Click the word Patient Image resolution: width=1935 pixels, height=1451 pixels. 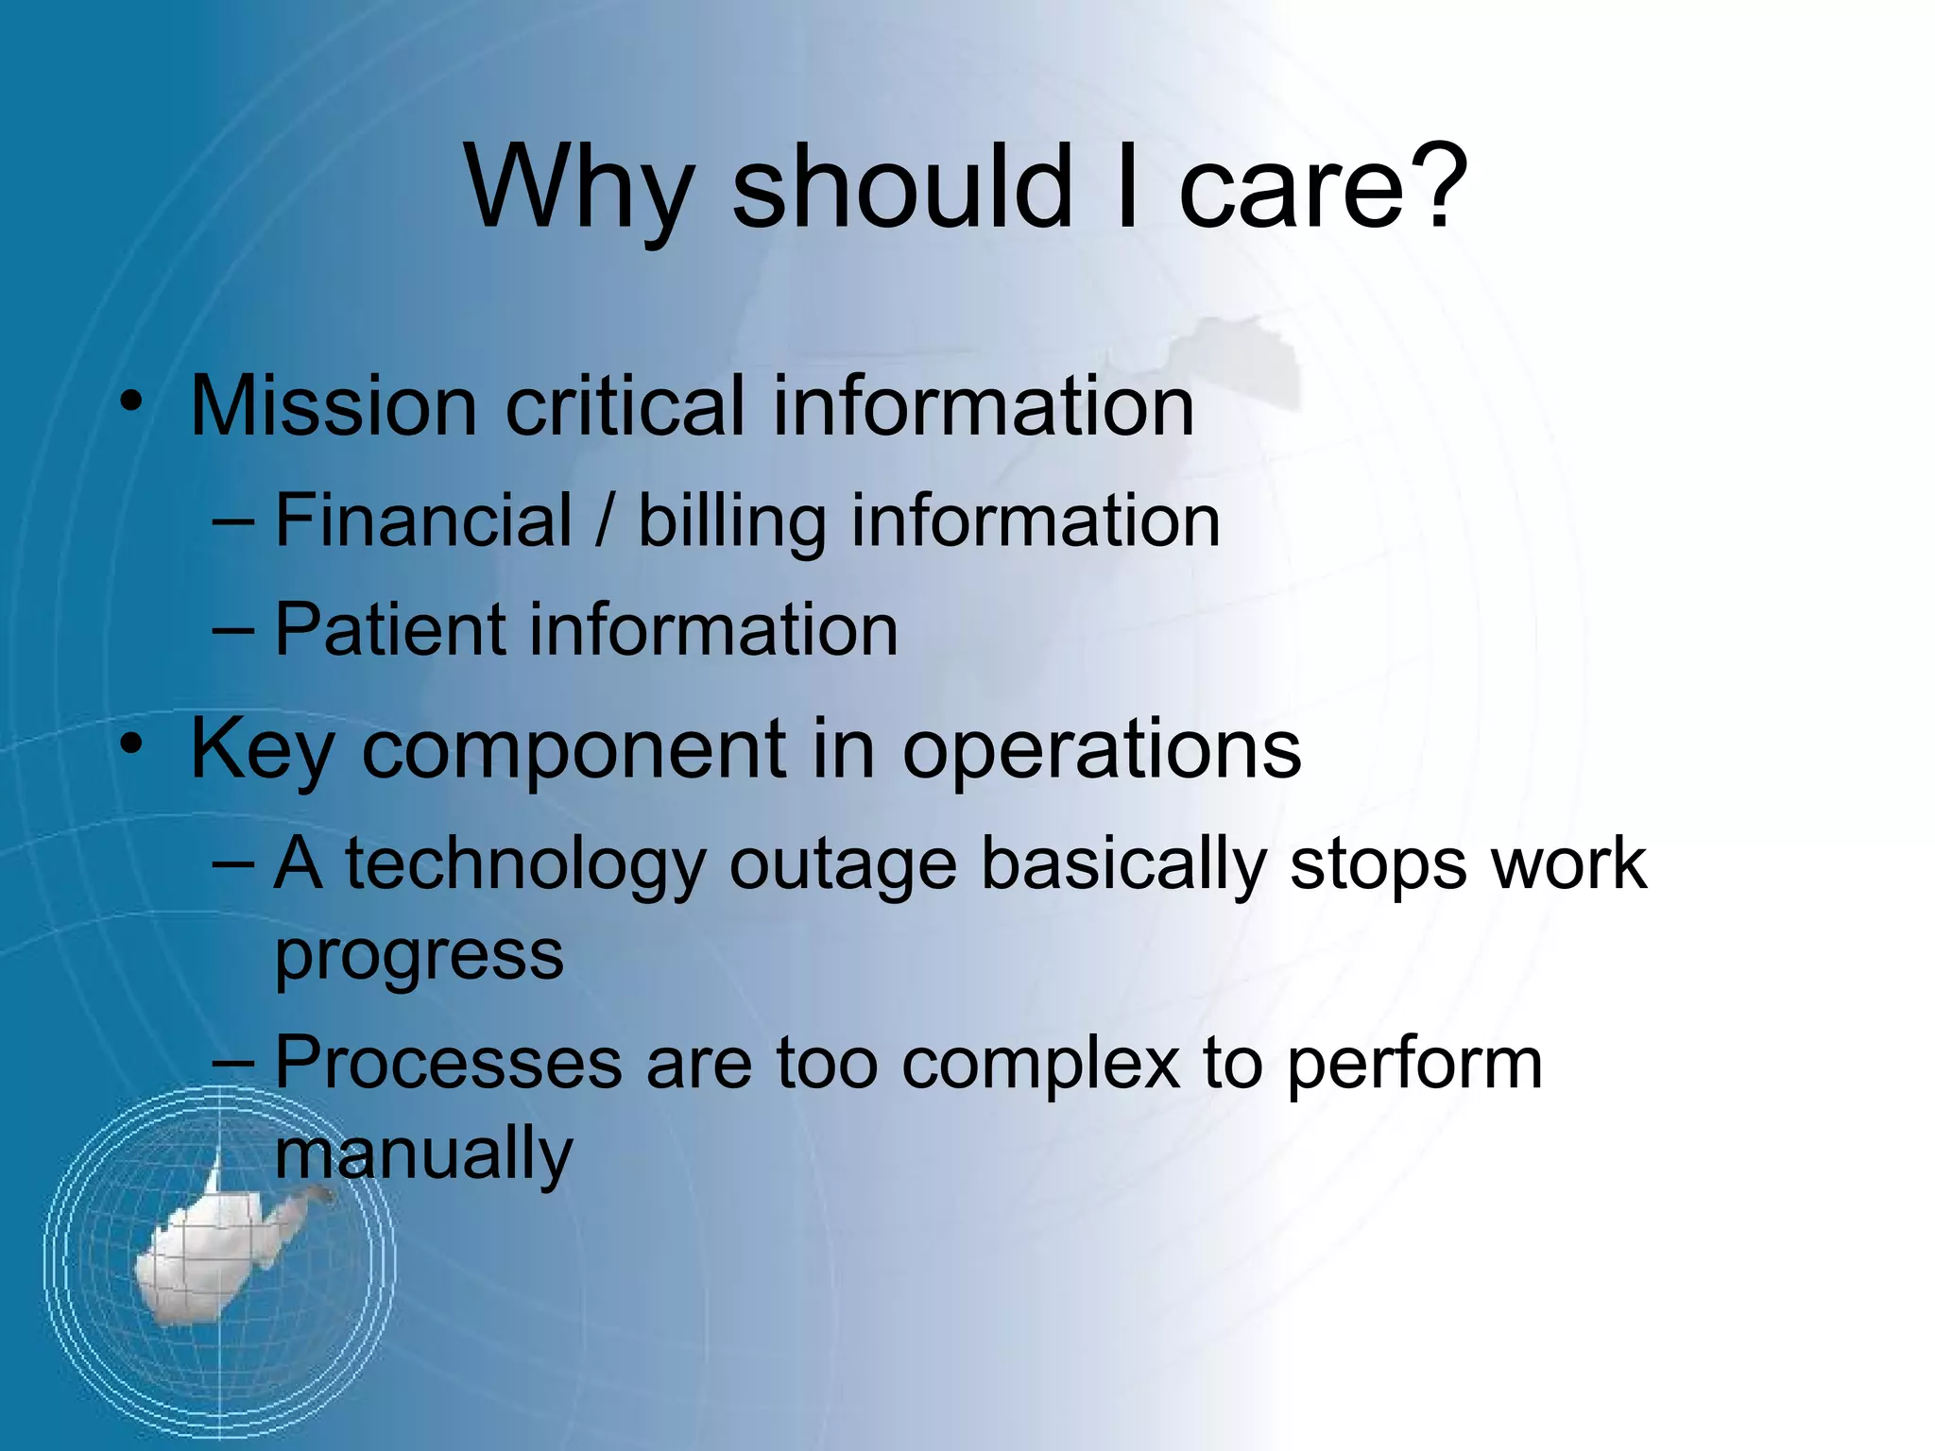[390, 630]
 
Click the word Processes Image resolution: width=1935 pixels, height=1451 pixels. [448, 1064]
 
